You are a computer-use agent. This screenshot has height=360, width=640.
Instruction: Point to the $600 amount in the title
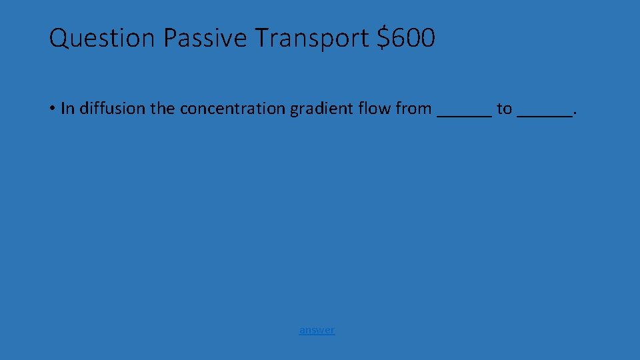(x=406, y=39)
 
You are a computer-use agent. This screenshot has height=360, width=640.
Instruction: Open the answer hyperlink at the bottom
(x=317, y=329)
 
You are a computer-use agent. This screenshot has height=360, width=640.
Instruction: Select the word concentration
(x=232, y=108)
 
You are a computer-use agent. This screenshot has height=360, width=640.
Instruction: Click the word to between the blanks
(x=504, y=108)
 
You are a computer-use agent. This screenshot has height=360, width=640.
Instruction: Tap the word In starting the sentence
(x=67, y=108)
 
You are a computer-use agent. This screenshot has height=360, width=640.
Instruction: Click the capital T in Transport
(x=260, y=39)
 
